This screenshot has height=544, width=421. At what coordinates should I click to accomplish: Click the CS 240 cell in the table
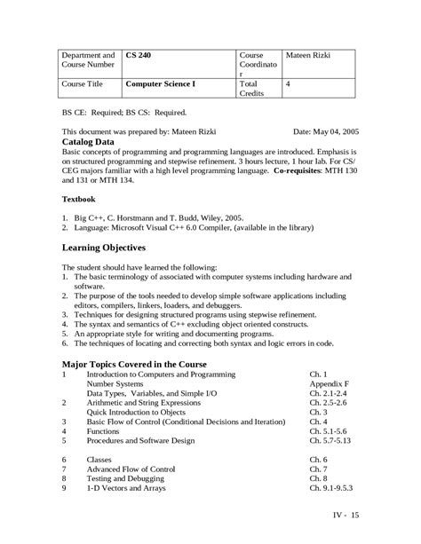coord(139,55)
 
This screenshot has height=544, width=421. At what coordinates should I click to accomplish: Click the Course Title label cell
coord(83,85)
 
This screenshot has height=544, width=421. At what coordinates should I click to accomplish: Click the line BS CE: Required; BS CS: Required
coord(123,113)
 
